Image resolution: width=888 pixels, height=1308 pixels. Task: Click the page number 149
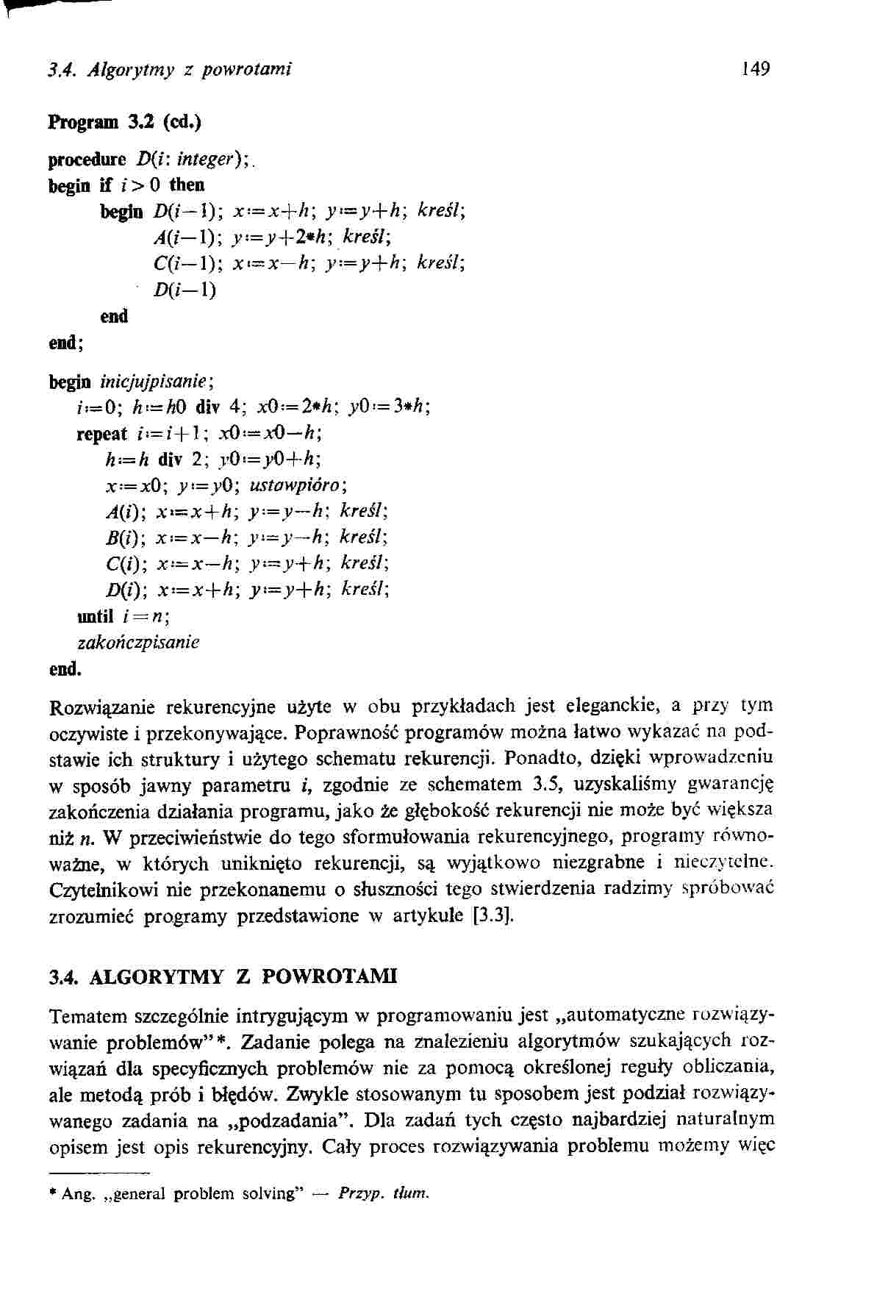point(755,69)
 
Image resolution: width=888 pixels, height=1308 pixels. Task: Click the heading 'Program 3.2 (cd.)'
point(124,122)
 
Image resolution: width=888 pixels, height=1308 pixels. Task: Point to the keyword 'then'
point(187,184)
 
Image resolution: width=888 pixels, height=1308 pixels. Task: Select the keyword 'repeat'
point(102,434)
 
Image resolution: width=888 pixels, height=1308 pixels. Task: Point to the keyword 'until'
point(95,615)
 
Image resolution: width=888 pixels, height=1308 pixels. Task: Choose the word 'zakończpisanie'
point(138,642)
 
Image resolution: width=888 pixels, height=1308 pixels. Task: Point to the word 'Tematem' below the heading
point(88,1017)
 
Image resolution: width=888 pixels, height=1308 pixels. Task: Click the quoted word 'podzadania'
point(291,1121)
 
